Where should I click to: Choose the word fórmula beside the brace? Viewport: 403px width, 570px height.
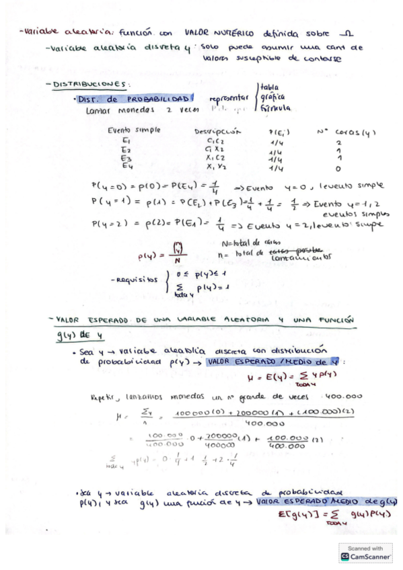pyautogui.click(x=275, y=108)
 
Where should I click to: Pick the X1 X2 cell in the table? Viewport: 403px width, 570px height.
pyautogui.click(x=217, y=167)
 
